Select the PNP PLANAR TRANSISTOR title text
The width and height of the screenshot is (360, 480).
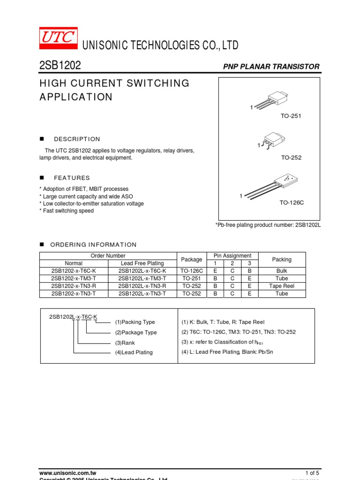point(271,67)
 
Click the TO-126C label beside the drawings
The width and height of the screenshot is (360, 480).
point(292,202)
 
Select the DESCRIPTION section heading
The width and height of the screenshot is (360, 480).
point(77,139)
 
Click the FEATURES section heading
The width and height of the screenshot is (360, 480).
point(72,178)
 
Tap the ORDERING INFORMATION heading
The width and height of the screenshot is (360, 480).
point(93,245)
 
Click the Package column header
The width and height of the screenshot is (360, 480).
point(192,259)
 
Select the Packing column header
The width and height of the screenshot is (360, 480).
point(282,259)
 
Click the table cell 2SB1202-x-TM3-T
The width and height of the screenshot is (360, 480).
point(74,278)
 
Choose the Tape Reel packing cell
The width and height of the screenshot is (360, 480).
point(282,286)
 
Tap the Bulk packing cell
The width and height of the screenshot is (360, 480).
point(282,271)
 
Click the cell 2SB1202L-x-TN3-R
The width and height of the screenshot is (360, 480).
point(142,286)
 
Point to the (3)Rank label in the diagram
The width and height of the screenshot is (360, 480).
point(125,343)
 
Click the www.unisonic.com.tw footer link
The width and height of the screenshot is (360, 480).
point(67,472)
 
